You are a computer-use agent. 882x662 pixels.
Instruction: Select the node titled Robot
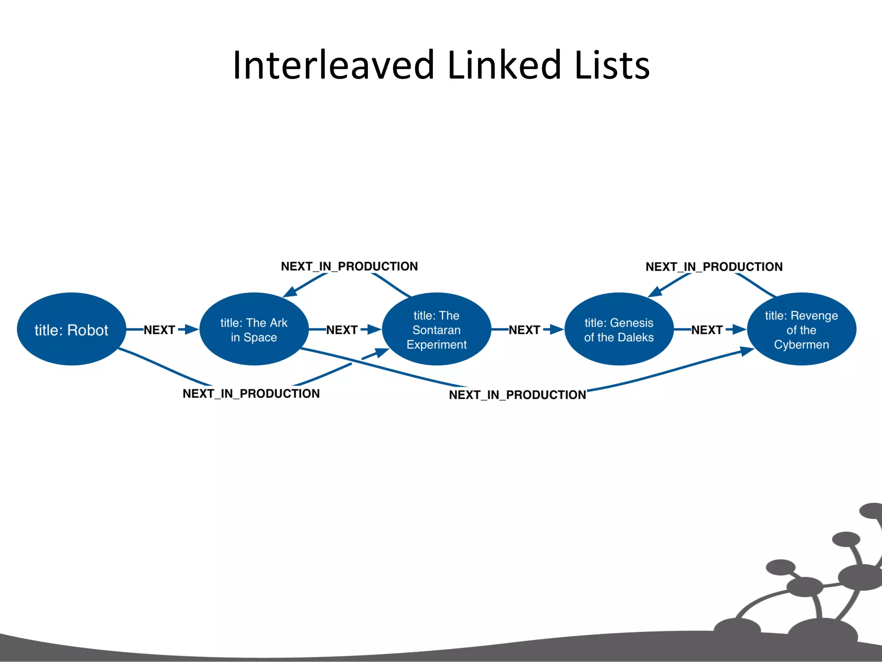tap(71, 330)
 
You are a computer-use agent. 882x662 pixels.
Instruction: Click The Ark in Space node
tap(254, 330)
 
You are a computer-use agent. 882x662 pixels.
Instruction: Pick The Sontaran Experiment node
tap(436, 330)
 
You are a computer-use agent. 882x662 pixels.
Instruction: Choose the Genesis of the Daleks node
tap(619, 330)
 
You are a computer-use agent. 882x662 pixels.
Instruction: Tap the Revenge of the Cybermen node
tap(801, 330)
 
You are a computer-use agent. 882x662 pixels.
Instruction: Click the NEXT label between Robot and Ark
tap(159, 330)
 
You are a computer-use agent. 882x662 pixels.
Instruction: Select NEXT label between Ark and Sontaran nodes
tap(342, 330)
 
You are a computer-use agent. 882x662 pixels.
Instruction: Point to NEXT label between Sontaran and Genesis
tap(524, 330)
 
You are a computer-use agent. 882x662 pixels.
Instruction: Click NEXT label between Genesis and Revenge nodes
tap(707, 330)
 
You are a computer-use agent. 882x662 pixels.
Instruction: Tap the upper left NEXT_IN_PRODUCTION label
tap(349, 266)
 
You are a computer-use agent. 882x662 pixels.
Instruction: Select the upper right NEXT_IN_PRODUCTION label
tap(714, 267)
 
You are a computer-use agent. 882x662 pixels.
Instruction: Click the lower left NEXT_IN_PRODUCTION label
tap(251, 393)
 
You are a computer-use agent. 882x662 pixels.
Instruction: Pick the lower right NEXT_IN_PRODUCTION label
tap(517, 395)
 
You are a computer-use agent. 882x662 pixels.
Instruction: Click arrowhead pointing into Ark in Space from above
tap(290, 292)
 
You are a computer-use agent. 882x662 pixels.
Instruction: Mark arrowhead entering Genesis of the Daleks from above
tap(655, 292)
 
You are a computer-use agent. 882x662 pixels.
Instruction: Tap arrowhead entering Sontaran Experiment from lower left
tap(381, 353)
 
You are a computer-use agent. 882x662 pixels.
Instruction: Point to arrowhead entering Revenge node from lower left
tap(746, 351)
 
